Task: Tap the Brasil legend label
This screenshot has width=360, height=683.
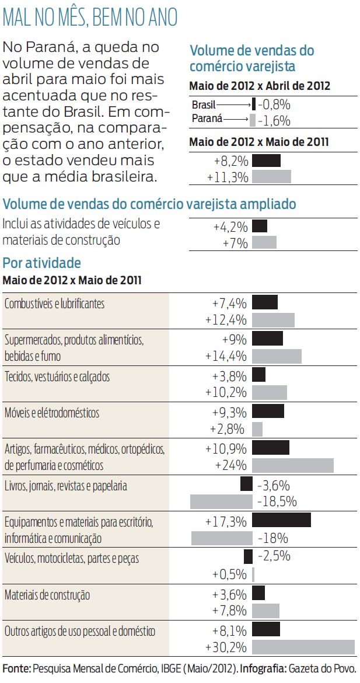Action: [x=204, y=105]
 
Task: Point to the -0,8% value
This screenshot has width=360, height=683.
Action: [x=274, y=105]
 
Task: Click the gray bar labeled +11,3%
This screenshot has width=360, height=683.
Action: [x=271, y=177]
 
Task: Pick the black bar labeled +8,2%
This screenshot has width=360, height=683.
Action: [x=266, y=161]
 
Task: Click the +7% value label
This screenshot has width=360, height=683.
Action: [x=235, y=243]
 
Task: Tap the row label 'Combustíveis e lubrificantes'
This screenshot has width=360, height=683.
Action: [x=54, y=304]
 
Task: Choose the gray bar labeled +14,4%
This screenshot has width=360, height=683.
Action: [x=277, y=356]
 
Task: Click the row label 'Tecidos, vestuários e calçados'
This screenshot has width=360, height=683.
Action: [x=57, y=377]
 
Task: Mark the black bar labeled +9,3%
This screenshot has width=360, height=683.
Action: [x=268, y=411]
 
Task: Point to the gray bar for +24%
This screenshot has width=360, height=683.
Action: [x=292, y=465]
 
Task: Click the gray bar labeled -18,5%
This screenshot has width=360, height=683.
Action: [x=221, y=501]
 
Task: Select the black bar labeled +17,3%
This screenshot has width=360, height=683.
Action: [x=281, y=520]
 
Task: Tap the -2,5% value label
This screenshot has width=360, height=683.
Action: [x=274, y=556]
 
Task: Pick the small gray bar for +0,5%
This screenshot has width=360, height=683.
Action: [x=253, y=574]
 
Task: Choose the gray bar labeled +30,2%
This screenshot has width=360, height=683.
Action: [x=303, y=647]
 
